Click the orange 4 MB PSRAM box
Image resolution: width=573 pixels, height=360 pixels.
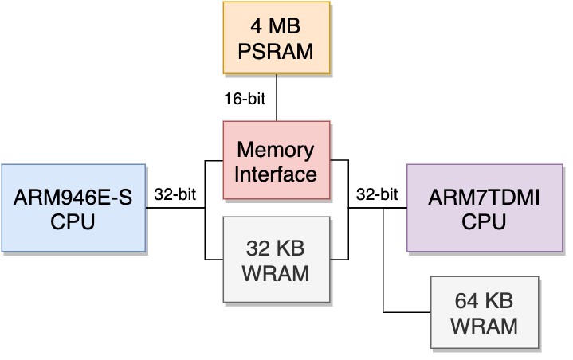tap(276, 38)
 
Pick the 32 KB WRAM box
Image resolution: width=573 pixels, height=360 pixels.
tap(276, 259)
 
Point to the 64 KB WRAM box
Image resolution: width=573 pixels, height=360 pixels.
tap(484, 312)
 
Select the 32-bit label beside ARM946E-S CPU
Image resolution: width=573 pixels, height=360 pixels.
tap(175, 194)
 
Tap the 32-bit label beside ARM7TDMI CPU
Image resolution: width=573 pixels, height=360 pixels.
tap(377, 194)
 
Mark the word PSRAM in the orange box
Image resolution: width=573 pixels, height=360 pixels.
tap(276, 53)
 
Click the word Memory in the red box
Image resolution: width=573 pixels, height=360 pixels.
tap(276, 149)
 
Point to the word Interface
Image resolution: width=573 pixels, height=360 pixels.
tap(276, 172)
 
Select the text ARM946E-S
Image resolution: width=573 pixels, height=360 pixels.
tap(73, 196)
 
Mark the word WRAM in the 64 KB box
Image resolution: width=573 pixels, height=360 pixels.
tap(484, 325)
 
